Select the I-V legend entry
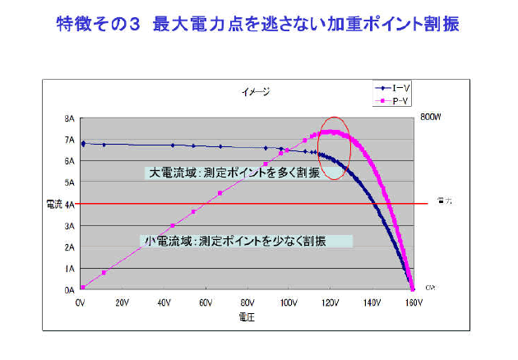[x=393, y=86]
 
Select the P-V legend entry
[x=393, y=99]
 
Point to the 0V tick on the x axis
[x=81, y=302]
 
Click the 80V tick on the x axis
[x=247, y=302]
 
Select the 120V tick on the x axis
[x=330, y=302]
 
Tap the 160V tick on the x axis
[x=413, y=302]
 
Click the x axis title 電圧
[x=246, y=318]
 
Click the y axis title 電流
[x=53, y=203]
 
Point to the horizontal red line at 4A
[x=206, y=203]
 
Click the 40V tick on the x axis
[x=164, y=302]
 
